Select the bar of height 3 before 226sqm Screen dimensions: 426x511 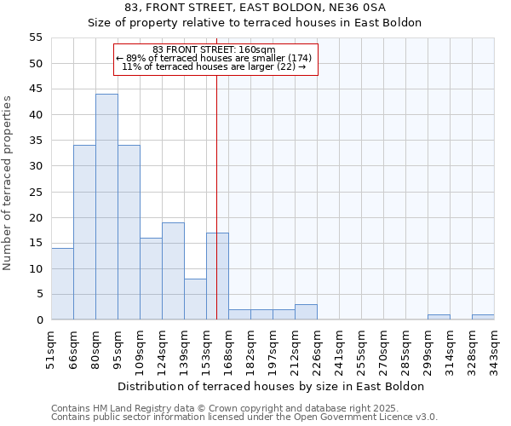pyautogui.click(x=306, y=312)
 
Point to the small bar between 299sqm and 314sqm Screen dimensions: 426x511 pyautogui.click(x=439, y=317)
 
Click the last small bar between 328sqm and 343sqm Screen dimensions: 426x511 pyautogui.click(x=483, y=317)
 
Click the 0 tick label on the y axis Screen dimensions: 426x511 pyautogui.click(x=39, y=320)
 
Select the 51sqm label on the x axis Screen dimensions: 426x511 pyautogui.click(x=52, y=345)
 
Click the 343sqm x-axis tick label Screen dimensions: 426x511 pyautogui.click(x=495, y=345)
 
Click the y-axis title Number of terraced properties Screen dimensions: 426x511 pyautogui.click(x=9, y=182)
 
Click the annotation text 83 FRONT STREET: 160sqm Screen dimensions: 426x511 pyautogui.click(x=215, y=49)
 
